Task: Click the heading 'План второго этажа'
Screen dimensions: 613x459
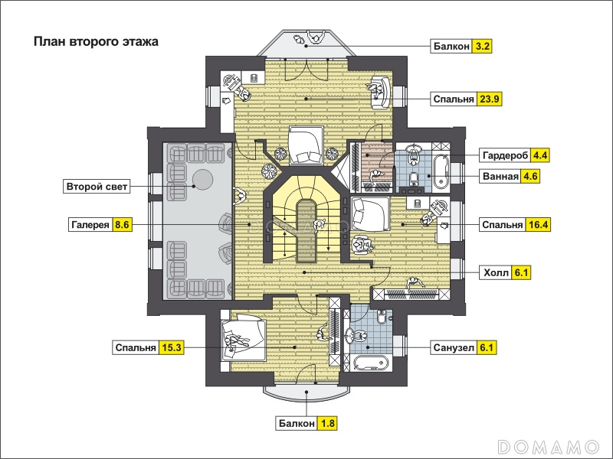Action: [96, 41]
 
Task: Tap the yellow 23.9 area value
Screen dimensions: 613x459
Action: [490, 99]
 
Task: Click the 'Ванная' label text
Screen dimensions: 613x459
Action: [500, 176]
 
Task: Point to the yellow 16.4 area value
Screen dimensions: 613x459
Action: [538, 225]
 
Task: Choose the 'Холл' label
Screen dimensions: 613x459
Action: [496, 272]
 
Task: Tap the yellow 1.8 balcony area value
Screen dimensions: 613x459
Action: [327, 424]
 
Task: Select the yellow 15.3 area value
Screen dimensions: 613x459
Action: [171, 347]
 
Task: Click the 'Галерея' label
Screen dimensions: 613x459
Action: [90, 225]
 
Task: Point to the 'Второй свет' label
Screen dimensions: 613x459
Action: [97, 187]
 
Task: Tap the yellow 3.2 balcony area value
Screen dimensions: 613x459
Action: [482, 47]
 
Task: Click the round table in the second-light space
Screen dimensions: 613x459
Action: [202, 179]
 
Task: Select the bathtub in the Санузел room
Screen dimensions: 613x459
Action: [372, 363]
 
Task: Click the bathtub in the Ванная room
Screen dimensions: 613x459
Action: [441, 171]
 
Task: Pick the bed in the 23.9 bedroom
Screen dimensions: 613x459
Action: [306, 145]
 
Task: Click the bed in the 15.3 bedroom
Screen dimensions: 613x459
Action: [244, 337]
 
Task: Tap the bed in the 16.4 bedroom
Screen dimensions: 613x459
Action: [370, 214]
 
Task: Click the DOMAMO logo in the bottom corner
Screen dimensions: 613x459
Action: [549, 447]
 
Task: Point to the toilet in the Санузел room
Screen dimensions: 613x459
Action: [382, 317]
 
